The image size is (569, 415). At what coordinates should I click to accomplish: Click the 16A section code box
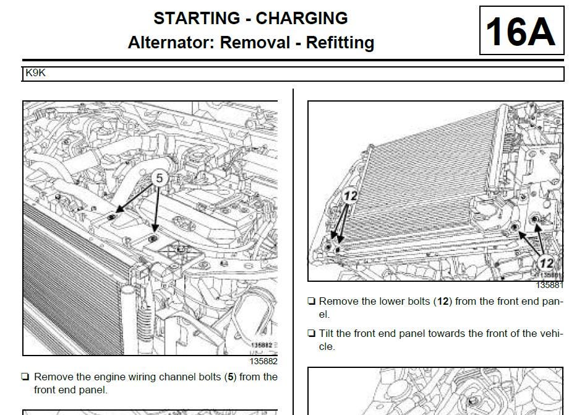(521, 31)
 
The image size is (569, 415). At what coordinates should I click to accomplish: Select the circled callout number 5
(159, 178)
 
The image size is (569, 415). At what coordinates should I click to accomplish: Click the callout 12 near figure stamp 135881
(546, 263)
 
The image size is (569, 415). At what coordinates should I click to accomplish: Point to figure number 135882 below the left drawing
(263, 361)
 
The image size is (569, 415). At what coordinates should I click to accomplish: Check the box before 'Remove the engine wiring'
(25, 377)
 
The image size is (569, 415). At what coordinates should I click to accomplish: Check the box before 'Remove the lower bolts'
(311, 302)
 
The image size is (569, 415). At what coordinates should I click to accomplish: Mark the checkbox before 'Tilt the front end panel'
(311, 334)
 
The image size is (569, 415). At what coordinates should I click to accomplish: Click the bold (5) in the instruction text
(231, 377)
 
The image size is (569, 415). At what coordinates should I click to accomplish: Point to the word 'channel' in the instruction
(166, 377)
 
